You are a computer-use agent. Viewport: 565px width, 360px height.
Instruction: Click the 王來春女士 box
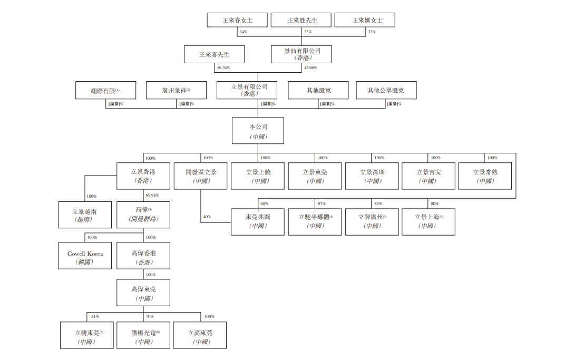point(237,20)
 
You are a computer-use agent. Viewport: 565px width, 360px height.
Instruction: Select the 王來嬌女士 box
point(365,20)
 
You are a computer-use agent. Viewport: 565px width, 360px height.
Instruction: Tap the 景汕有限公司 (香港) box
point(301,54)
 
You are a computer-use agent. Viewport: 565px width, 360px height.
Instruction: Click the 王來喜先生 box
point(214,54)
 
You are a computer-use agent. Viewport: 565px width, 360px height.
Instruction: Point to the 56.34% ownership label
point(223,68)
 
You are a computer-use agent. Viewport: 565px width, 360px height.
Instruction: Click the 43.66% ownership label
point(310,68)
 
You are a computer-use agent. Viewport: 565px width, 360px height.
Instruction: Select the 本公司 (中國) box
point(258,130)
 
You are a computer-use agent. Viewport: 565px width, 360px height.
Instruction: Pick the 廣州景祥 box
point(176,90)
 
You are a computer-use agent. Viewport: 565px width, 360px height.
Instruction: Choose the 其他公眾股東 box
point(386,90)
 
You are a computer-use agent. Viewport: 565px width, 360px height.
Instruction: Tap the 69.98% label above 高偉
point(152,196)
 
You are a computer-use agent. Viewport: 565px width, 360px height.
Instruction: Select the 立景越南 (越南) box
point(85,215)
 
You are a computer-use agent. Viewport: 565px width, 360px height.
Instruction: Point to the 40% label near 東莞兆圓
point(207,217)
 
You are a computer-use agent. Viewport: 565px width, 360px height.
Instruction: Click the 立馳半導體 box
point(315,222)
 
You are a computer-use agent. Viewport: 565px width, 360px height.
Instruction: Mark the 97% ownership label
point(322,203)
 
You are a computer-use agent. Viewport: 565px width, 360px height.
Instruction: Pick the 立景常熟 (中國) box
point(485,176)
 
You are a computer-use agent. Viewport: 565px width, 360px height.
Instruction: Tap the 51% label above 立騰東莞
point(95,316)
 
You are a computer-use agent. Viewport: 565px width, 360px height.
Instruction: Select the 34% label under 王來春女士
point(243,32)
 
